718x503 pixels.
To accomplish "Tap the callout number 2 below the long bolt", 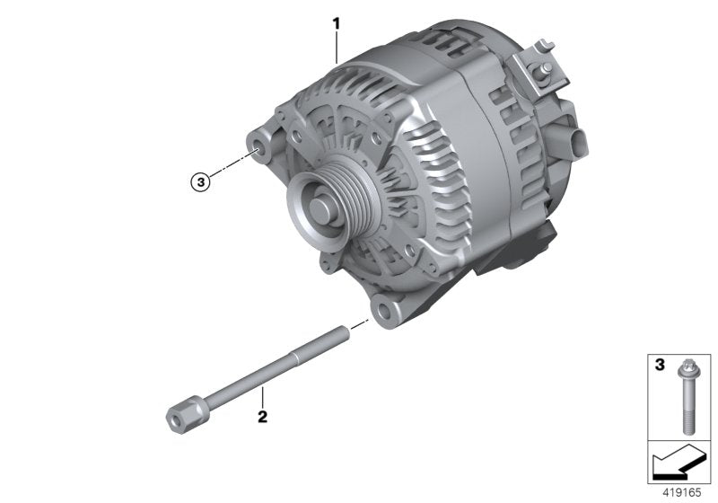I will coord(262,417).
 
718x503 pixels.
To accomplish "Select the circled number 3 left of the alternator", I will coord(200,181).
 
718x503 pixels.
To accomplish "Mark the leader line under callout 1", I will coord(337,45).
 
